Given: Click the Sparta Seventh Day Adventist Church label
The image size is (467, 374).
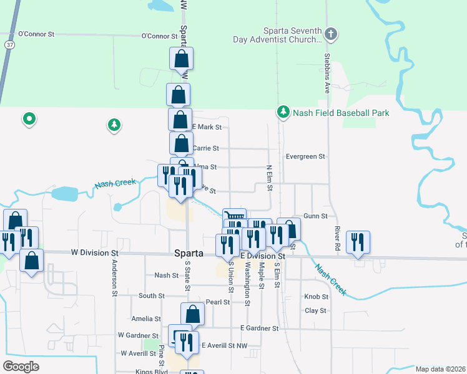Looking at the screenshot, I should click(275, 35).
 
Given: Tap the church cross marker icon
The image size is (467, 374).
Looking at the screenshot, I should click(332, 34).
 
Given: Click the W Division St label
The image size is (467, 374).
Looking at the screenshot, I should click(94, 253).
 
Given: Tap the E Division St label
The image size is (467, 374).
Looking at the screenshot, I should click(263, 256).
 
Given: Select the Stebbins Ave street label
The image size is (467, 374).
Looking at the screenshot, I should click(327, 72).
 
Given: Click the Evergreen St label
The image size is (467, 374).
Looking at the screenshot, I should click(305, 156).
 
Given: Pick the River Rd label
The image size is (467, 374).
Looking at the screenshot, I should click(337, 239).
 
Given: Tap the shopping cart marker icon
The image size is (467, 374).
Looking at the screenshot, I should click(234, 216).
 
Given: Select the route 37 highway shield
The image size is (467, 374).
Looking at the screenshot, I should click(9, 45).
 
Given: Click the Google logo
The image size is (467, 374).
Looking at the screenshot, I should click(21, 366).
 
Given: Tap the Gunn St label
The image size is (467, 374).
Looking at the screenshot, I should click(315, 216).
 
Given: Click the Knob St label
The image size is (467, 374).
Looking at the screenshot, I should click(315, 297).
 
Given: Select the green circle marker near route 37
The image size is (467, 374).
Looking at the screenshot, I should click(28, 118).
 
